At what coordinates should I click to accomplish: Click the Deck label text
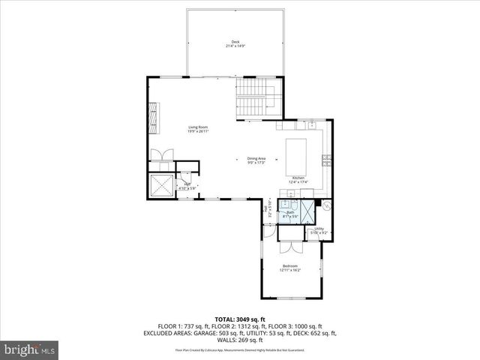pyautogui.click(x=235, y=41)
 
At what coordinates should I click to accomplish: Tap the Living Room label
pyautogui.click(x=197, y=127)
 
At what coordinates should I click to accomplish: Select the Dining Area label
pyautogui.click(x=256, y=158)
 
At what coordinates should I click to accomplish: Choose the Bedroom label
pyautogui.click(x=290, y=266)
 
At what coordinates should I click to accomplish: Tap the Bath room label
pyautogui.click(x=290, y=213)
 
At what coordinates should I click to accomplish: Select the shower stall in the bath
pyautogui.click(x=286, y=205)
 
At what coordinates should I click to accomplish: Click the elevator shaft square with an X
pyautogui.click(x=160, y=184)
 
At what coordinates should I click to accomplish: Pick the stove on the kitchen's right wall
pyautogui.click(x=326, y=158)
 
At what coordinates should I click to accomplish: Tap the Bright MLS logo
pyautogui.click(x=29, y=349)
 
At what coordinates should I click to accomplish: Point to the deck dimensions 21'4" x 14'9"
pyautogui.click(x=235, y=46)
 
